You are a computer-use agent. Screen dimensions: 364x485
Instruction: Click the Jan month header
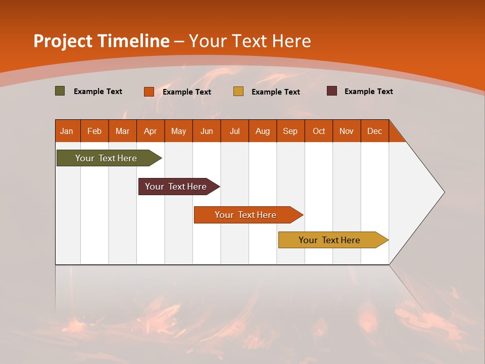tap(67, 131)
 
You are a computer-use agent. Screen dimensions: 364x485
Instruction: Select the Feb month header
tap(94, 131)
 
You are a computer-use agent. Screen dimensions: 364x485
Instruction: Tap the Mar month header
tap(122, 131)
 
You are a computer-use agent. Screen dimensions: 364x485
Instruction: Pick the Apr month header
tap(151, 131)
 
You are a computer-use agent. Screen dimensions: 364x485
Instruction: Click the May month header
tap(178, 131)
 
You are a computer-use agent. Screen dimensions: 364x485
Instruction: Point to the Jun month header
tap(207, 131)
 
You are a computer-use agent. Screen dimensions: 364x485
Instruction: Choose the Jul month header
tap(234, 131)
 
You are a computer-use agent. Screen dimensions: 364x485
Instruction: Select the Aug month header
tap(263, 131)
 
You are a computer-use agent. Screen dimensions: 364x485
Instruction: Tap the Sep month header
tap(290, 131)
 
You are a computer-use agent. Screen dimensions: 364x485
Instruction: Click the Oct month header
tap(319, 131)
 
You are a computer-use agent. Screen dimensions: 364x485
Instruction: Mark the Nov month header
tap(347, 131)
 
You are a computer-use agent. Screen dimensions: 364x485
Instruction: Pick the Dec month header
tap(375, 131)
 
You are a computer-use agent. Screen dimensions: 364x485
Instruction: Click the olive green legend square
tap(60, 91)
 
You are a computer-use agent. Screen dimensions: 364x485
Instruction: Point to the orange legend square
tap(149, 92)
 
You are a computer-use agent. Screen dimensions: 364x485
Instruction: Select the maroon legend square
tap(332, 91)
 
